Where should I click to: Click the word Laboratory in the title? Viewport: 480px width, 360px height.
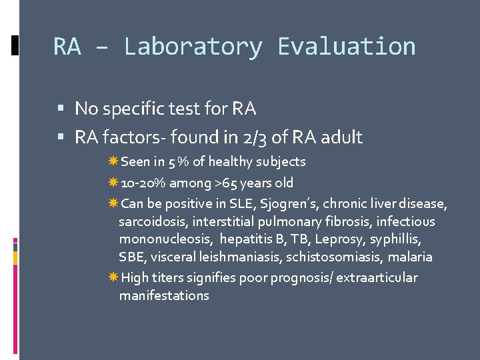[193, 47]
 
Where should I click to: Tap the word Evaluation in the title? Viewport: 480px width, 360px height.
[346, 47]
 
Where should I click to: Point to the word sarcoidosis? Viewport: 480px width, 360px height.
[153, 221]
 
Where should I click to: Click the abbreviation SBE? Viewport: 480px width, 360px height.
[131, 257]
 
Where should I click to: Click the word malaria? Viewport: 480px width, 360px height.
[411, 257]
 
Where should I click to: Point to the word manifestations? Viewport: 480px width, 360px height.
[164, 295]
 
